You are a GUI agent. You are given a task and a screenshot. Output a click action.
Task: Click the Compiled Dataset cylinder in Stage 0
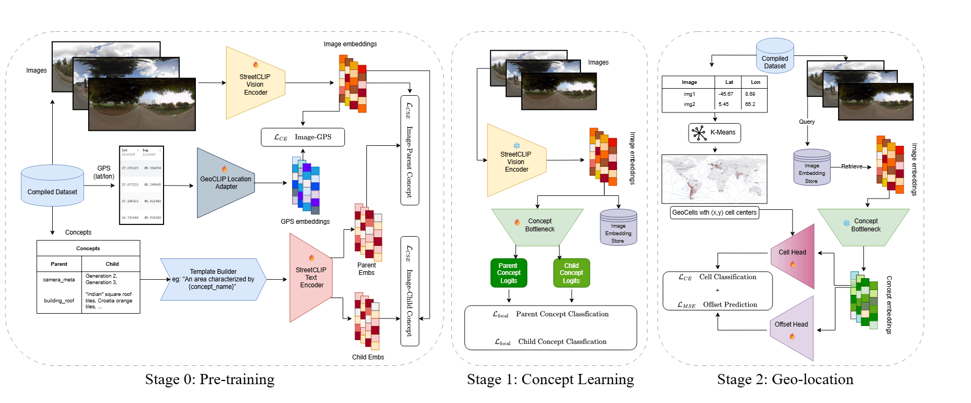coord(52,186)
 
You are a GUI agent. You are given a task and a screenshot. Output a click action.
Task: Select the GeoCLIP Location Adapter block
coord(226,183)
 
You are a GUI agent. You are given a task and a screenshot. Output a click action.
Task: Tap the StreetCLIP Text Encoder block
coord(311,278)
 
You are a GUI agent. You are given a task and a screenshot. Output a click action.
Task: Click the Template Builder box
coord(213,279)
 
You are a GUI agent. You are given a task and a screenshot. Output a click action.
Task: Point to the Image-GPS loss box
coord(302,137)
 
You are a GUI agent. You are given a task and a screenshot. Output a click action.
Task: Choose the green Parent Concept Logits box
coord(508,273)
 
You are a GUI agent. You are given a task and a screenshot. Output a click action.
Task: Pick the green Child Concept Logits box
coord(571,273)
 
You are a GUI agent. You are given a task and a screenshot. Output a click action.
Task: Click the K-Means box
coord(714,132)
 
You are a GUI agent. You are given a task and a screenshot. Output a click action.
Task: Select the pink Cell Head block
coord(793,256)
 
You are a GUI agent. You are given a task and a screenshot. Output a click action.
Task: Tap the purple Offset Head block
coord(792,328)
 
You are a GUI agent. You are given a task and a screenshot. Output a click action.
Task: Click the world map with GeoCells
coord(714,179)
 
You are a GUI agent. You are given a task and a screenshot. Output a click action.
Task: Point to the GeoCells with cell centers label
coord(714,213)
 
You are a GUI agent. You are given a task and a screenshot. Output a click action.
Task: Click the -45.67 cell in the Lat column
coord(726,94)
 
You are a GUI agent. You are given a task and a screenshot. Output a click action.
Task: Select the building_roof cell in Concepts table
coord(59,301)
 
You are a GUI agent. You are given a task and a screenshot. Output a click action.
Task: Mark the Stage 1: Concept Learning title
coord(550,379)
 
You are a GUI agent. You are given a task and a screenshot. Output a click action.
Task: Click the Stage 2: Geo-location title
coord(785,379)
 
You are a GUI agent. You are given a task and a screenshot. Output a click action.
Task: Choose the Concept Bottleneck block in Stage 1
coord(538,225)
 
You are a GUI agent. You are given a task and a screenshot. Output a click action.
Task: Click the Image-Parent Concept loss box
coord(409,150)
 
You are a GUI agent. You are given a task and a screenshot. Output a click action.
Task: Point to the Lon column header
coord(755,82)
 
